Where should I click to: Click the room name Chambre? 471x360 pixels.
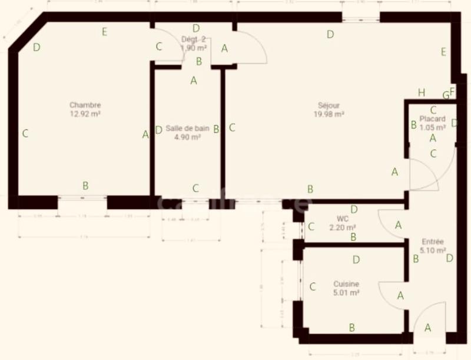point(81,105)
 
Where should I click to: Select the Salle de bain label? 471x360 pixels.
point(183,128)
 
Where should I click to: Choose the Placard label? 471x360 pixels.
point(432,118)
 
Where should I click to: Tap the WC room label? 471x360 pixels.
point(343,219)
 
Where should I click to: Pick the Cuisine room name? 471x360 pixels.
point(346,284)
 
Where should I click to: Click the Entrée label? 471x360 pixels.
point(433,242)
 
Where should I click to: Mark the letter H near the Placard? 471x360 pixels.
point(421,93)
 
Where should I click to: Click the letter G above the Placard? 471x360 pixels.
point(446,95)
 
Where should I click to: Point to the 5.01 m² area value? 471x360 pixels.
point(346,292)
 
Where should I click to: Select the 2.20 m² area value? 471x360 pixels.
point(342,227)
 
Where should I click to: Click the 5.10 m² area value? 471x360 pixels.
point(433,250)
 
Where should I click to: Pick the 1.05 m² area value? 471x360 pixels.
point(433,127)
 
